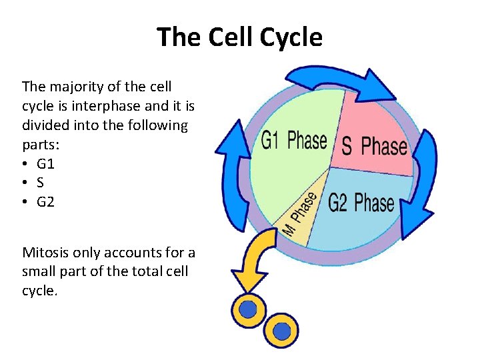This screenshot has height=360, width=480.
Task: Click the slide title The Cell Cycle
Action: point(239,37)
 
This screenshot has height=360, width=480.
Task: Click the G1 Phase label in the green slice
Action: point(293,141)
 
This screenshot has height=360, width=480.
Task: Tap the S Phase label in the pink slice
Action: point(374,145)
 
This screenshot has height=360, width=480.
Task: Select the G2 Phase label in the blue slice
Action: point(361,203)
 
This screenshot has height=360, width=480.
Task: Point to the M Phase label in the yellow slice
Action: point(299,212)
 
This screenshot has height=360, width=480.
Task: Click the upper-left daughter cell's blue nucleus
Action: point(248,309)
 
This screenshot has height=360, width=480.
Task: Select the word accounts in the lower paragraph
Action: point(131,253)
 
